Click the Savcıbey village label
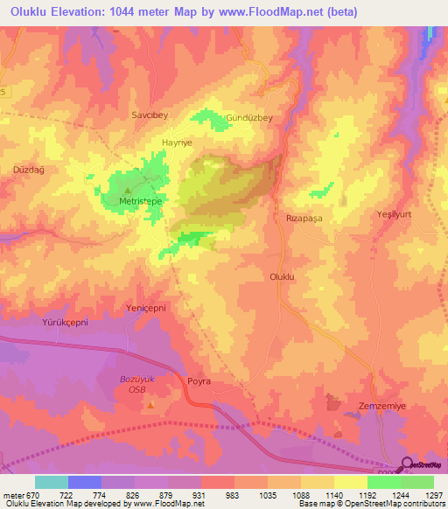[x=148, y=115]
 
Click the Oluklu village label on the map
[x=284, y=275]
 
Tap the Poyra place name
[x=200, y=382]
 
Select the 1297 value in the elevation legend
[x=433, y=493]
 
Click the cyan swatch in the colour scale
[x=52, y=482]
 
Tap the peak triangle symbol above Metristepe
[x=129, y=190]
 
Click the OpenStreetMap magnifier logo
[x=407, y=464]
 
